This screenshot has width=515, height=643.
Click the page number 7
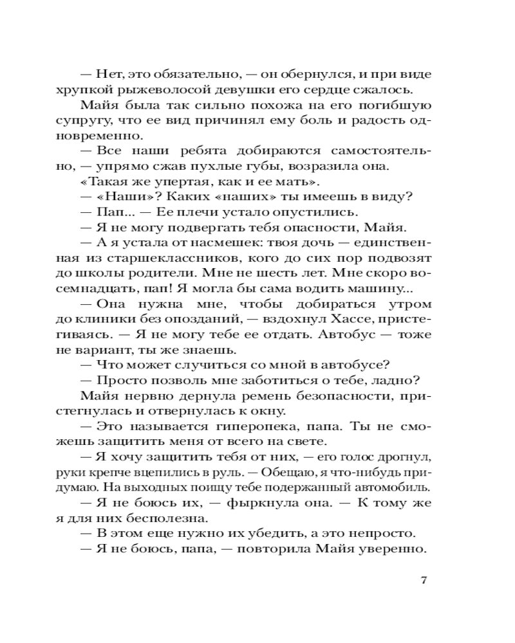(x=424, y=581)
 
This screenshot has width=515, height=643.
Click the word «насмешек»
(x=219, y=243)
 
